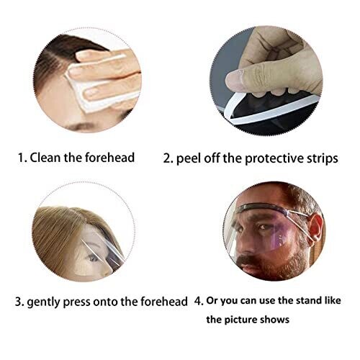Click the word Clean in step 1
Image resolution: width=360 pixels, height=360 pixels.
tap(45, 158)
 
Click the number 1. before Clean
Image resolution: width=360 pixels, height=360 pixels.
tap(23, 158)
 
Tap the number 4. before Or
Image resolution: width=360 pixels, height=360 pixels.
tap(199, 301)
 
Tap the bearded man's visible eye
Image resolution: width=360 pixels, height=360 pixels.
tap(264, 227)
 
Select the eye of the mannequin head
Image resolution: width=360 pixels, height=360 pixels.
tap(93, 258)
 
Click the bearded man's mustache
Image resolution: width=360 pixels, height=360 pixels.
tap(250, 261)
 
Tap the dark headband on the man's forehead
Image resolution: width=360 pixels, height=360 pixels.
tap(259, 207)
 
